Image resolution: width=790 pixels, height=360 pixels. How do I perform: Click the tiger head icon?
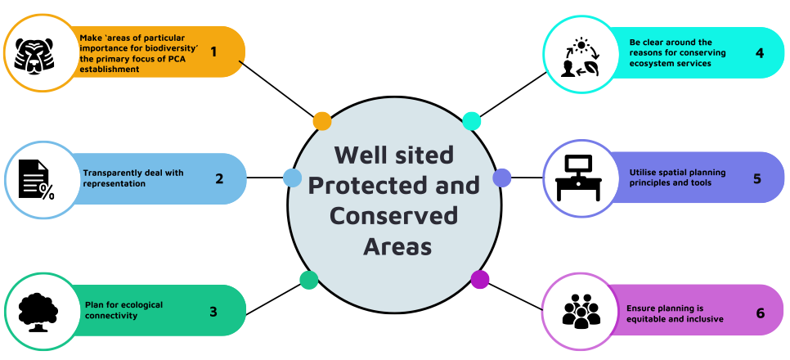coord(40,52)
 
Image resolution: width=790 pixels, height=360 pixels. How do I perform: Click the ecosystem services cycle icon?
coord(579,53)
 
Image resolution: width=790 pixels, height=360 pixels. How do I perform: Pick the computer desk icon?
coord(579,178)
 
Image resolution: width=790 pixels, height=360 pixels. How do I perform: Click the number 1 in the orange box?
coord(213,52)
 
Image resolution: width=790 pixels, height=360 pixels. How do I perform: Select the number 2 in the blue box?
coord(219,177)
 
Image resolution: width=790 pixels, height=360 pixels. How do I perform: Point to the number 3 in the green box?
coord(213,311)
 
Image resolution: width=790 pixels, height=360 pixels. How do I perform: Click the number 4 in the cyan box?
coord(760,53)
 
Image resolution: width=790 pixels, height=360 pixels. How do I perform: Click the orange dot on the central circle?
coord(322,121)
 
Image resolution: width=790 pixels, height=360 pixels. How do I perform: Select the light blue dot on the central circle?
coord(292,177)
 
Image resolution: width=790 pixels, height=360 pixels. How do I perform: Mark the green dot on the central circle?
coord(309,280)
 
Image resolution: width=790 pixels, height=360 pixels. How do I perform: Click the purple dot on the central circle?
coord(480,279)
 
